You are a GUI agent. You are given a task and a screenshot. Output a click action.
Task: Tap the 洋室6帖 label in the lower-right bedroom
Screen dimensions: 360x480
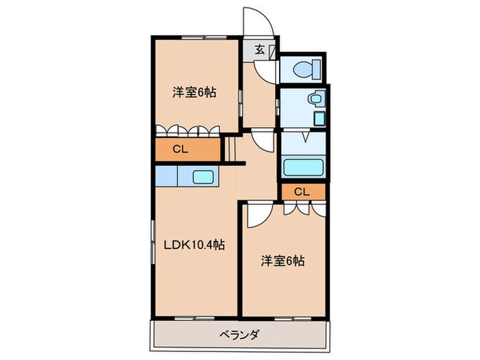tap(282, 261)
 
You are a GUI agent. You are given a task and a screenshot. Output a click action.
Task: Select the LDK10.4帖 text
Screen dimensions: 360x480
tap(195, 245)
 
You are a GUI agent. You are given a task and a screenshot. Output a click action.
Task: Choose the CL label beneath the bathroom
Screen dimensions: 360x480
tap(302, 191)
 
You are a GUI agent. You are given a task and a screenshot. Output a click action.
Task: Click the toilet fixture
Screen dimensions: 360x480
tap(302, 69)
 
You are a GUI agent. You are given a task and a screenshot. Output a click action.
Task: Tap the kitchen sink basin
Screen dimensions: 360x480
tap(203, 176)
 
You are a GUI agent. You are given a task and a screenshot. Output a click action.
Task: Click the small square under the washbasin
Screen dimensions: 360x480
tap(320, 118)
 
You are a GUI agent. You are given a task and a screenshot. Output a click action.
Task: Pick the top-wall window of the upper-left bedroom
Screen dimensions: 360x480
tap(195, 36)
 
